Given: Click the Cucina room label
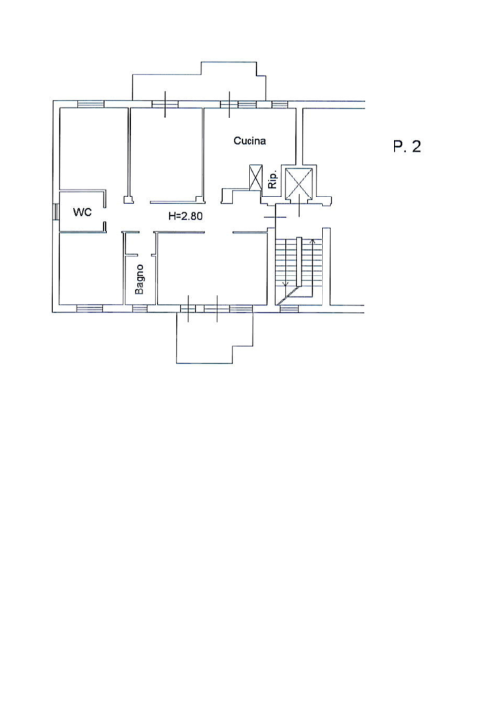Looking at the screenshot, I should coord(250,141).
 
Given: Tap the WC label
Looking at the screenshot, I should coord(82,211).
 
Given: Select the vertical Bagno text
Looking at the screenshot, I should coord(140,278).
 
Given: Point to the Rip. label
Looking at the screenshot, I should coord(273,183).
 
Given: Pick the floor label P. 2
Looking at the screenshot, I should coord(406,147).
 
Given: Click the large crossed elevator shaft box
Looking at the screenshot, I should coord(297,183).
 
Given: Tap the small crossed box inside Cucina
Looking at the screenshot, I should coord(256,179).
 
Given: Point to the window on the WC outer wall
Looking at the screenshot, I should coord(55,211).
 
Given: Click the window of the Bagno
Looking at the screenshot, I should coord(140,309).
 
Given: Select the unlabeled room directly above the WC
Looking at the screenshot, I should coord(93,148).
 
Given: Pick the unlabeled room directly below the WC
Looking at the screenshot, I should coord(91,269).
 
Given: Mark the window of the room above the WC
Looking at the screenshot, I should coord(90,103).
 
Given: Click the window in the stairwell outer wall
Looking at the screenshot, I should coord(289,309).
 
